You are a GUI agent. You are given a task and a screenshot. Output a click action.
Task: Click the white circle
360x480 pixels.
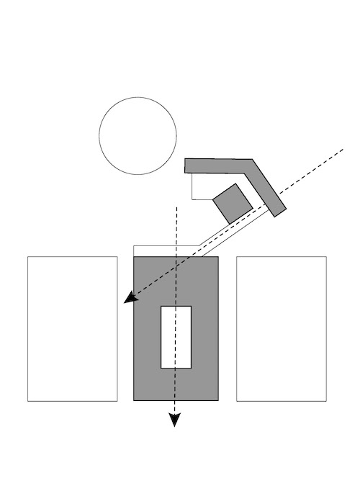point(138,136)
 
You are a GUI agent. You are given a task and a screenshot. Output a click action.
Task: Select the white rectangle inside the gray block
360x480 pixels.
point(176,337)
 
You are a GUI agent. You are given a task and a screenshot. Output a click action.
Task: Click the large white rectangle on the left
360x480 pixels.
point(73,328)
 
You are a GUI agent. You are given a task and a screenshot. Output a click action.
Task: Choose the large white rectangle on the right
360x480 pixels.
point(282,328)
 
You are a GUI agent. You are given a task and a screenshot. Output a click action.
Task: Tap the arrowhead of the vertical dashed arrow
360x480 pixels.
point(174,420)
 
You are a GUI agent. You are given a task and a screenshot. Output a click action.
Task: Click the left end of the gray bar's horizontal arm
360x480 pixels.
point(187,166)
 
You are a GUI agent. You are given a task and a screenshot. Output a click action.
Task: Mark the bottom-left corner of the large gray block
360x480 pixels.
point(135,400)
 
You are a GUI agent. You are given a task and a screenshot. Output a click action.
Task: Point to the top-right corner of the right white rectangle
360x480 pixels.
point(326,257)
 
